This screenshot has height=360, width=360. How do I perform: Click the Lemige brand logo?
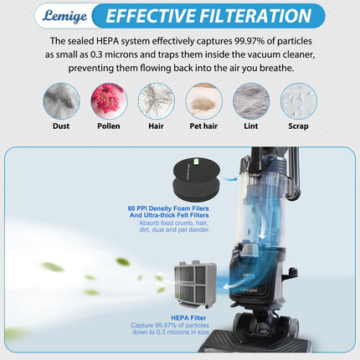click(x=64, y=16)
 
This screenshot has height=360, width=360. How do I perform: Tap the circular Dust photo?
click(x=61, y=101)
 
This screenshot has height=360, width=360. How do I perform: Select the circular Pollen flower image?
click(x=109, y=101)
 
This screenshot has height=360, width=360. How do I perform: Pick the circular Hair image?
click(x=157, y=101)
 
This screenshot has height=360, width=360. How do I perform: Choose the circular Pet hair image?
click(x=203, y=101)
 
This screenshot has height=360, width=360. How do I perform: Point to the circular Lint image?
click(x=251, y=101)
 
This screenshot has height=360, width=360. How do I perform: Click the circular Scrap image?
click(x=299, y=101)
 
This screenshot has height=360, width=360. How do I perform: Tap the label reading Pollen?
click(x=109, y=126)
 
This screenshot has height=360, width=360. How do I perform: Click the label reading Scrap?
click(x=298, y=126)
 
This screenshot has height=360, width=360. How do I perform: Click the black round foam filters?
click(x=197, y=178)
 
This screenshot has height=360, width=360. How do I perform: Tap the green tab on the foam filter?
click(x=196, y=161)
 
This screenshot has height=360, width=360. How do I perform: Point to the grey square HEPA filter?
click(x=195, y=284)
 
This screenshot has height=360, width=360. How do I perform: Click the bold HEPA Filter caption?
click(x=188, y=318)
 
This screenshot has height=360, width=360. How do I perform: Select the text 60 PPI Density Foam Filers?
click(x=168, y=208)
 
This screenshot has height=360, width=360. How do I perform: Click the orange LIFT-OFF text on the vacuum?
click(x=249, y=291)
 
